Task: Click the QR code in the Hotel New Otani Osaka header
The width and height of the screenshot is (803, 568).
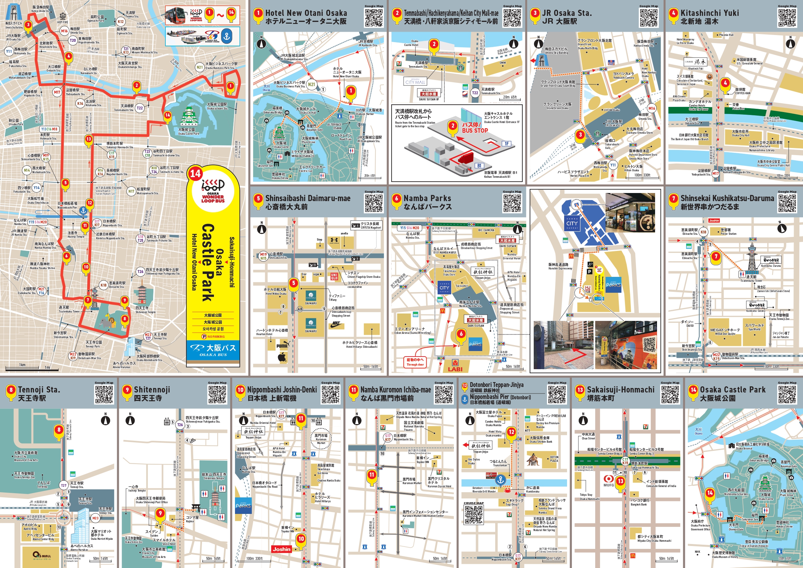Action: [374, 17]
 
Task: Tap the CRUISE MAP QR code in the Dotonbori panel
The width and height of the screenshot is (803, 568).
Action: [474, 515]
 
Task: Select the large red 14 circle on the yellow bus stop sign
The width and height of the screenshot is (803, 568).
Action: [195, 173]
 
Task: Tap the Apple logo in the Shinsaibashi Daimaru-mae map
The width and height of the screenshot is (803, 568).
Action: [282, 357]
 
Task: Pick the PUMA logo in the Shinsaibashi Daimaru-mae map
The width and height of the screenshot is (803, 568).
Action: [282, 346]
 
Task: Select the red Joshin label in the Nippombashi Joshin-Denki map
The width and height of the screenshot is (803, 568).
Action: [282, 549]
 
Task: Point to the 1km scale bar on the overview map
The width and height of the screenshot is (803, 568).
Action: [22, 367]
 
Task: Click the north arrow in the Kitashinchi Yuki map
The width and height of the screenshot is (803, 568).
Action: [790, 44]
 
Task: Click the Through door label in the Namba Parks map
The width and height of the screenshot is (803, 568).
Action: [415, 362]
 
